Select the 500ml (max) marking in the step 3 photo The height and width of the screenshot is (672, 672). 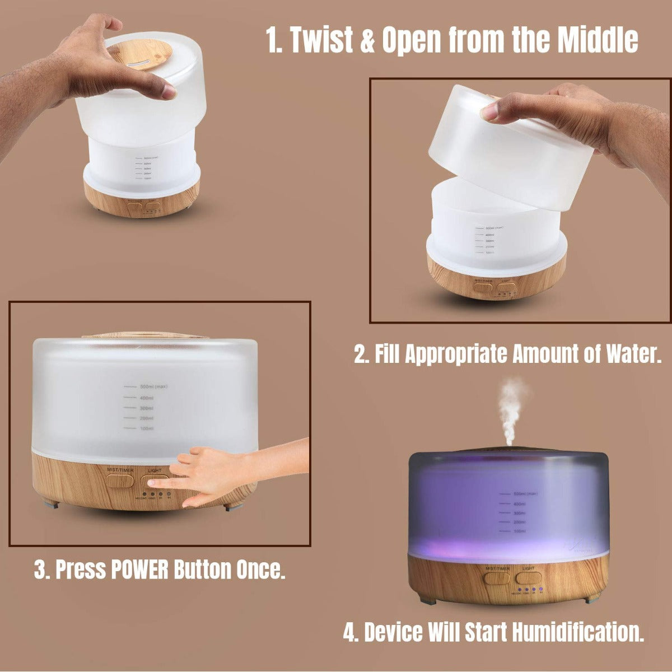click(x=147, y=386)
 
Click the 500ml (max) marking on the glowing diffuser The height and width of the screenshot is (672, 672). click(x=525, y=494)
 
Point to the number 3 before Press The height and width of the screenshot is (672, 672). click(x=40, y=570)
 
